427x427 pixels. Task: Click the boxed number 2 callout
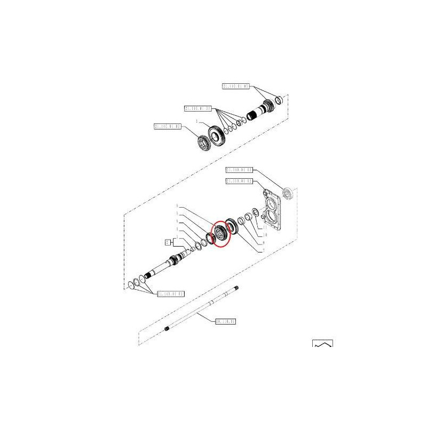(x=167, y=242)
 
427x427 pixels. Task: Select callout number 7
(x=262, y=251)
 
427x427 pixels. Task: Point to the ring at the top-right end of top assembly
(x=279, y=101)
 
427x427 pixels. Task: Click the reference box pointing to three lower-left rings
(x=170, y=294)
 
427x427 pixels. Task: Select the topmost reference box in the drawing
(x=235, y=86)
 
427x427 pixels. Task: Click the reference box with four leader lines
(x=198, y=108)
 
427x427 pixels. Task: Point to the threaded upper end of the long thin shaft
(x=235, y=289)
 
